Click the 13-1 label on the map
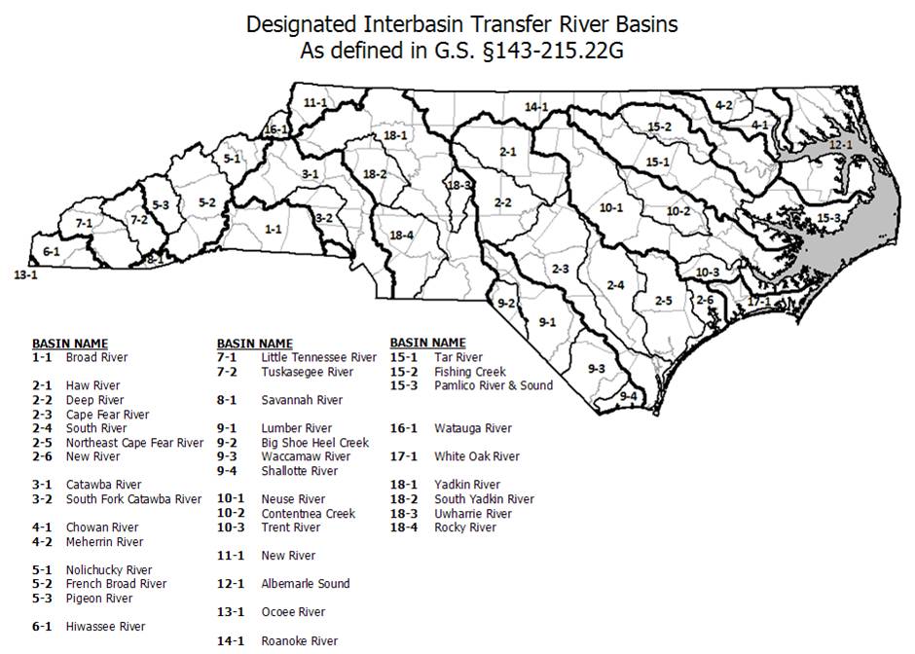[25, 275]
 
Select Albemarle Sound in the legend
[305, 584]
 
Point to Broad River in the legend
[96, 357]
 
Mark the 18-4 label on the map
[401, 236]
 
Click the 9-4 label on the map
[629, 396]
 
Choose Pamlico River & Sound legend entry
[493, 385]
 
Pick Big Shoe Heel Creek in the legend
[314, 443]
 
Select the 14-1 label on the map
[536, 106]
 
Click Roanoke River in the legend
[299, 640]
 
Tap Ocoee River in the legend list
[293, 612]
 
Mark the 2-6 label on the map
[705, 300]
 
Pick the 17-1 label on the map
[759, 302]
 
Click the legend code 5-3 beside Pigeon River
[42, 599]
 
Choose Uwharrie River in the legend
[472, 514]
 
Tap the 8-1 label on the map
[156, 260]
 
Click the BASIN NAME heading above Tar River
[427, 344]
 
